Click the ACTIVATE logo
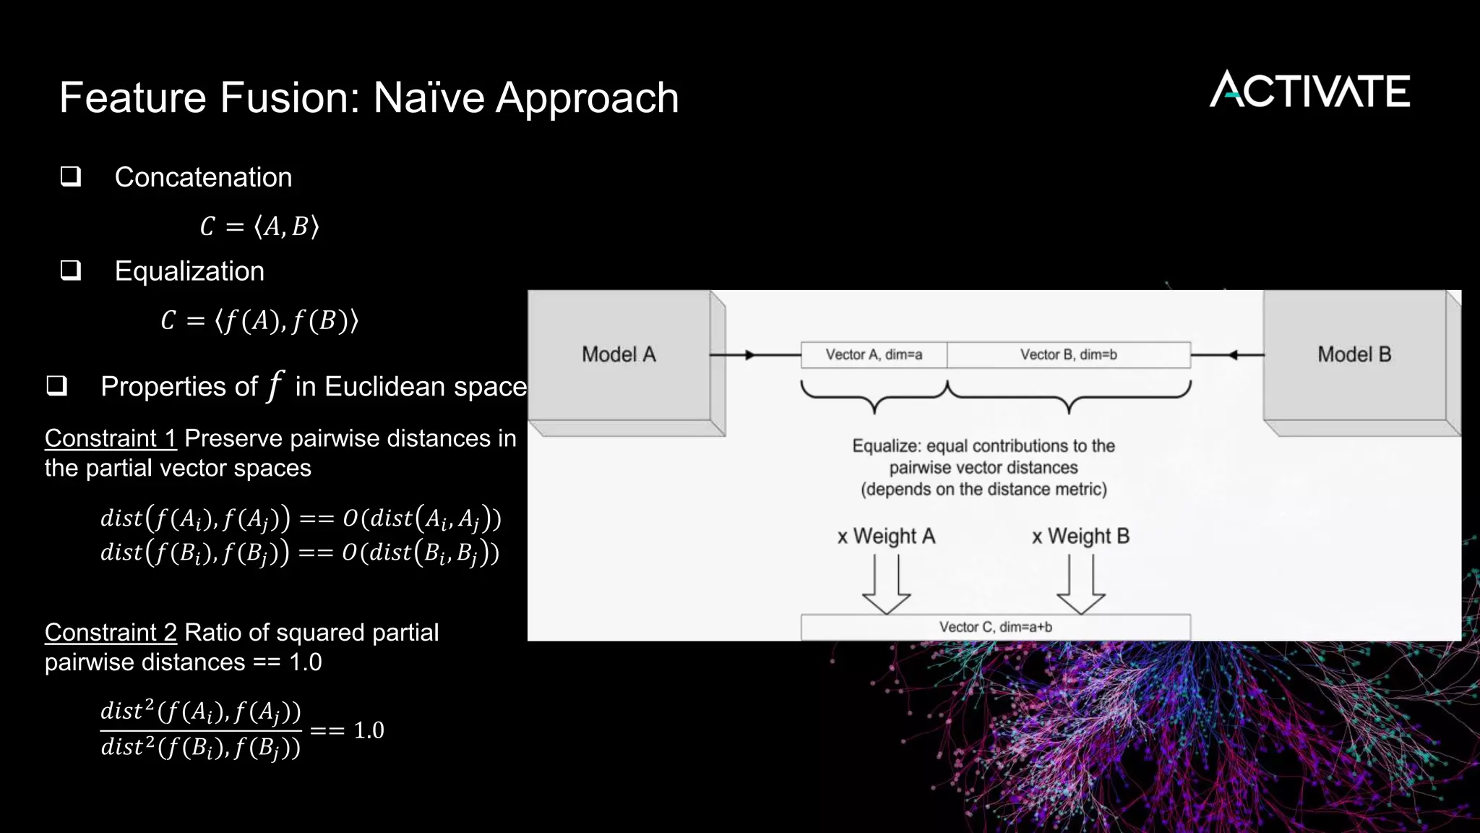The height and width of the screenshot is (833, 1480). pos(1309,90)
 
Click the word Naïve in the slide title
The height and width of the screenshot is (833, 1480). pos(429,98)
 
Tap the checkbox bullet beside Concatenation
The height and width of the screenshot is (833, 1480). pos(71,176)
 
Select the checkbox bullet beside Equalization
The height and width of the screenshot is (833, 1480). pos(71,270)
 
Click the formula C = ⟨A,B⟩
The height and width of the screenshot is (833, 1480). pos(259,227)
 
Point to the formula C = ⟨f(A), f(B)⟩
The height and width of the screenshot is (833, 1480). pos(259,320)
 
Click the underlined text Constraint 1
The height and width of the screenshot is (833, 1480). pos(111,438)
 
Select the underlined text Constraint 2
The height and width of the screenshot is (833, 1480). pos(111,633)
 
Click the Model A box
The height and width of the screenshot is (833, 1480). pos(619,354)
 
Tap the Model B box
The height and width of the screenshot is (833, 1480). pos(1354,354)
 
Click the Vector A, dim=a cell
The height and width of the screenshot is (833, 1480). pos(874,355)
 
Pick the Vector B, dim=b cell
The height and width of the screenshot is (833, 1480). pos(1068,355)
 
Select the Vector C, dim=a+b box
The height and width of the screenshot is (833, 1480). pos(995,627)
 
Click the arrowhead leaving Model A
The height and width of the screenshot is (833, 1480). pos(750,355)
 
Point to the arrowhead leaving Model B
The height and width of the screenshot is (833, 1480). pos(1234,355)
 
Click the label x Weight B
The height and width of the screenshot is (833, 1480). pos(1080,537)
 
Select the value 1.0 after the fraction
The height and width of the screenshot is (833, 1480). pos(369,730)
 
